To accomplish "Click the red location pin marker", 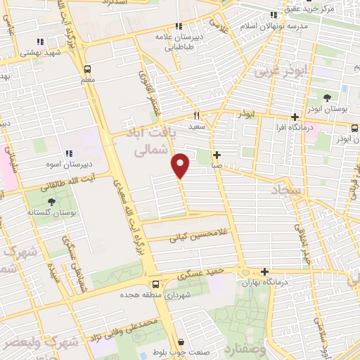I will pos(181,165).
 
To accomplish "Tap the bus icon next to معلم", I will pos(88,69).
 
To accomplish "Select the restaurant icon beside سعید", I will pos(198,115).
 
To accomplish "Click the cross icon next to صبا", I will pos(217,155).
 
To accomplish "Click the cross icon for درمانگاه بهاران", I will pos(264,271).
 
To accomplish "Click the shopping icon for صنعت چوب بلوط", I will pos(181,342).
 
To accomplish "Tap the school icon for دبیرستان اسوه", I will pos(69,153).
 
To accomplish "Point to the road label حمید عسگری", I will pos(212,268).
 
